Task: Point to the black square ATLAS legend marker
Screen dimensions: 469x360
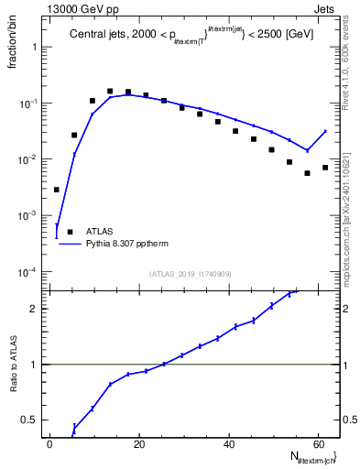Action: (68, 233)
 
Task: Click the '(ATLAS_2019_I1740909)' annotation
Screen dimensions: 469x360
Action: (191, 274)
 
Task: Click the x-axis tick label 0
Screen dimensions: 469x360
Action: (50, 442)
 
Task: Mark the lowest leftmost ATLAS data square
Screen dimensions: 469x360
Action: (57, 190)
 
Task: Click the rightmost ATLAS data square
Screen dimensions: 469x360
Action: (325, 168)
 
